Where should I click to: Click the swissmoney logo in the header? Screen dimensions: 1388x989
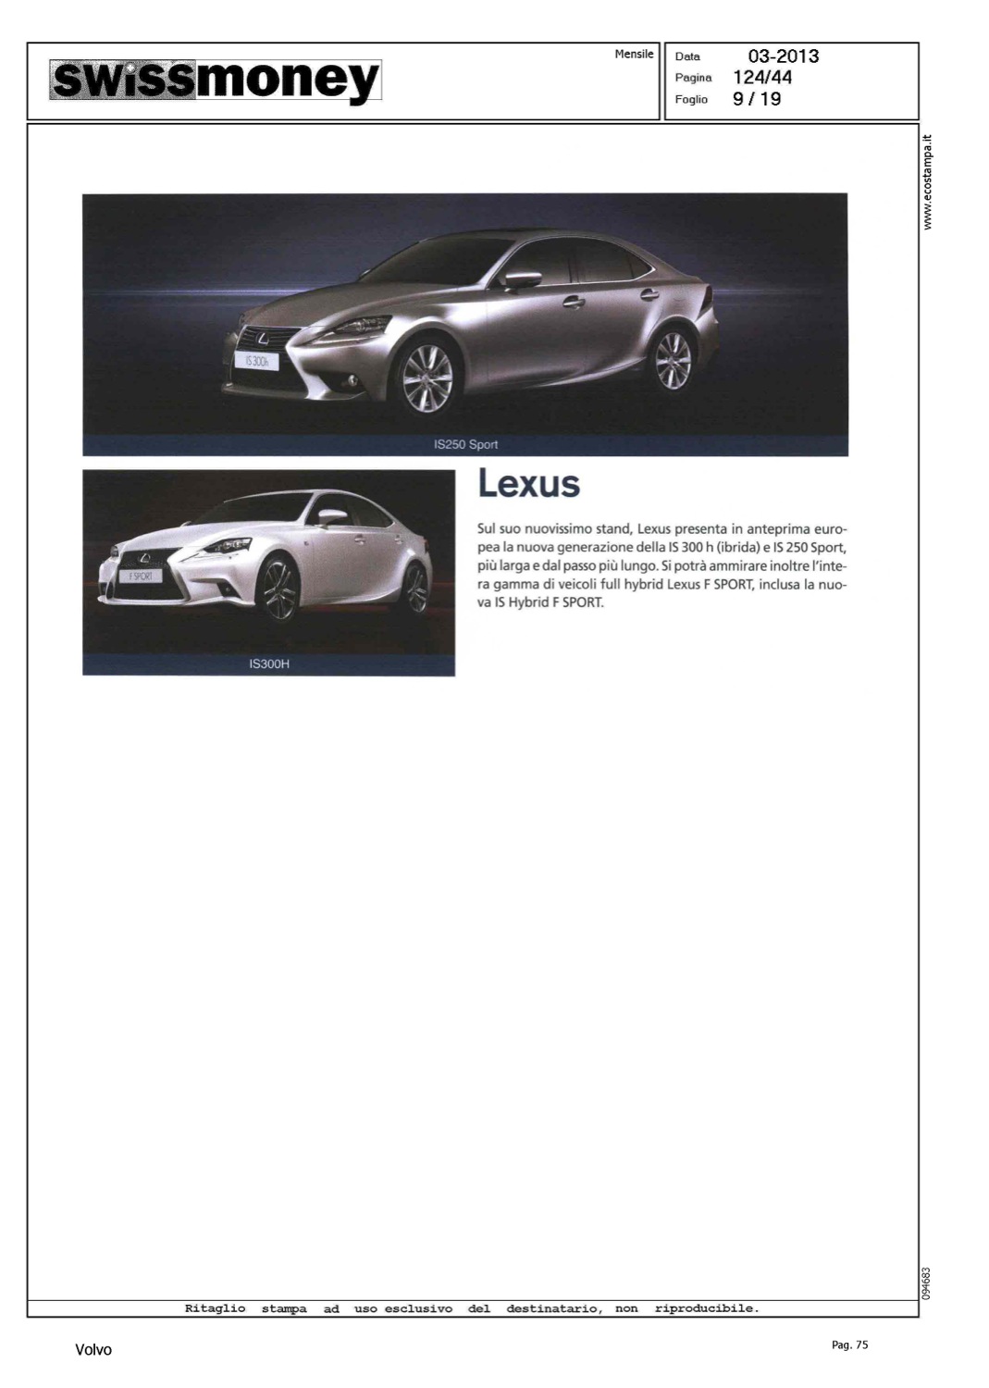tap(216, 81)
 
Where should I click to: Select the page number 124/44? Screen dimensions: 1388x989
tap(762, 78)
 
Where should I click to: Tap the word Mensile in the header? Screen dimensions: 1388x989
tap(634, 55)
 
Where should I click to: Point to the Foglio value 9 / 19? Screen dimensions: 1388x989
tap(757, 99)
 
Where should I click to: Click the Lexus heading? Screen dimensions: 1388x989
tap(528, 484)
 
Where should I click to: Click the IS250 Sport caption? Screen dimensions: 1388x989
tap(465, 445)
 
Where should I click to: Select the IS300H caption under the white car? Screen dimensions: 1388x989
tap(269, 664)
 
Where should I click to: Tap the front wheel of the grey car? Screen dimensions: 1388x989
tap(427, 379)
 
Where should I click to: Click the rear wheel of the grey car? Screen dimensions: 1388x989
tap(673, 360)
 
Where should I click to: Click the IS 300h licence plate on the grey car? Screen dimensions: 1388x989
tap(254, 361)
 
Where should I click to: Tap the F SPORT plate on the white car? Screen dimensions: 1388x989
tap(140, 576)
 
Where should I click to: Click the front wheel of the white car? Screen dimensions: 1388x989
tap(278, 589)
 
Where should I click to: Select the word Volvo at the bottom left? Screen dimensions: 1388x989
tap(93, 1351)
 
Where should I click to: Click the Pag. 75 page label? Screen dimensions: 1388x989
tap(849, 1345)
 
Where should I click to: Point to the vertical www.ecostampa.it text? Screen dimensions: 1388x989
tap(929, 182)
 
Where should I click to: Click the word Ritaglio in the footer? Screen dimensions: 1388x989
tap(216, 1308)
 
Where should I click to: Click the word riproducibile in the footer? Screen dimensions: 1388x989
tap(706, 1308)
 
